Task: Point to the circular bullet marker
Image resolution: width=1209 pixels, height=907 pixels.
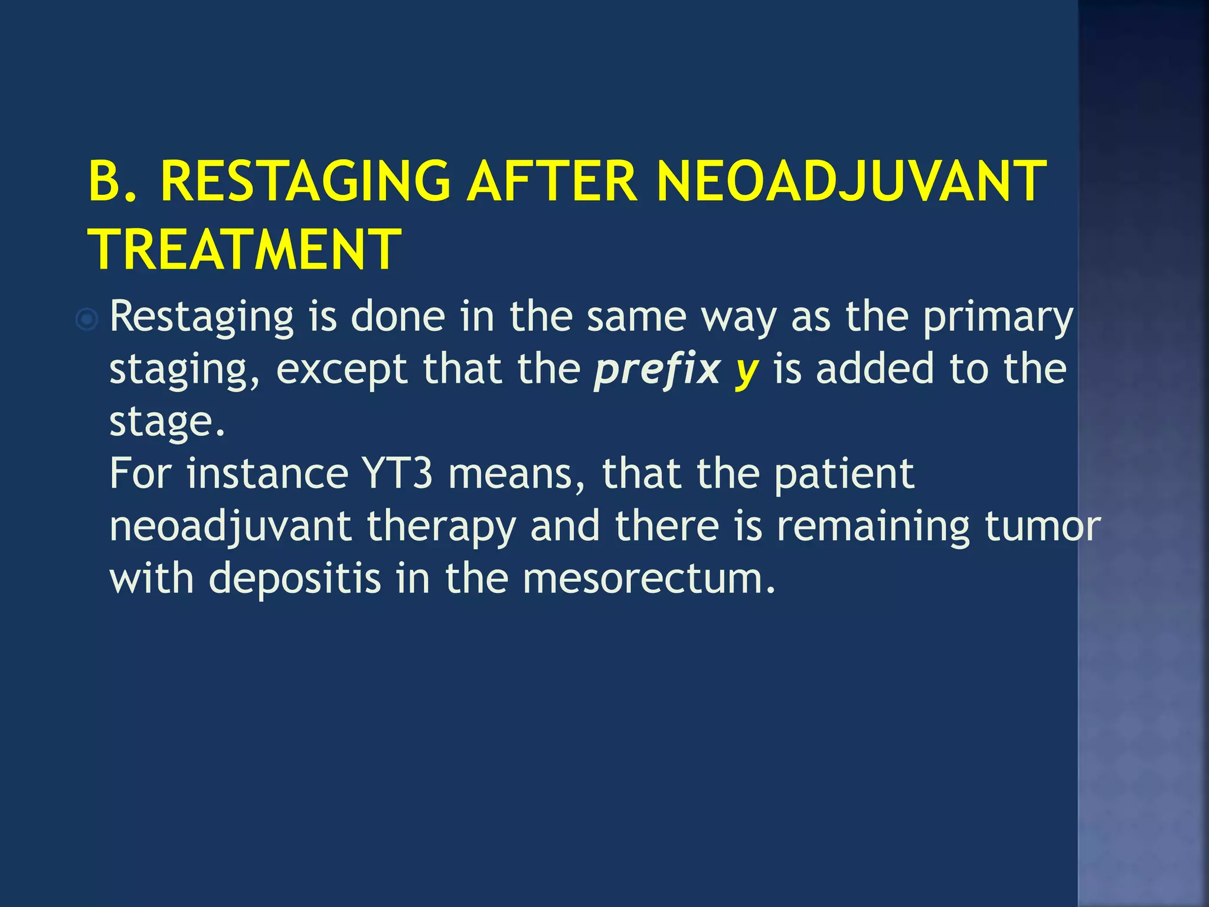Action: pyautogui.click(x=87, y=320)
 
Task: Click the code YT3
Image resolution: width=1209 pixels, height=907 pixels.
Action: pyautogui.click(x=397, y=474)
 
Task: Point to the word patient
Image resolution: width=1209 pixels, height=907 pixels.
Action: pyautogui.click(x=844, y=474)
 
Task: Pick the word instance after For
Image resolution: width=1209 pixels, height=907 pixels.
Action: pyautogui.click(x=267, y=474)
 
